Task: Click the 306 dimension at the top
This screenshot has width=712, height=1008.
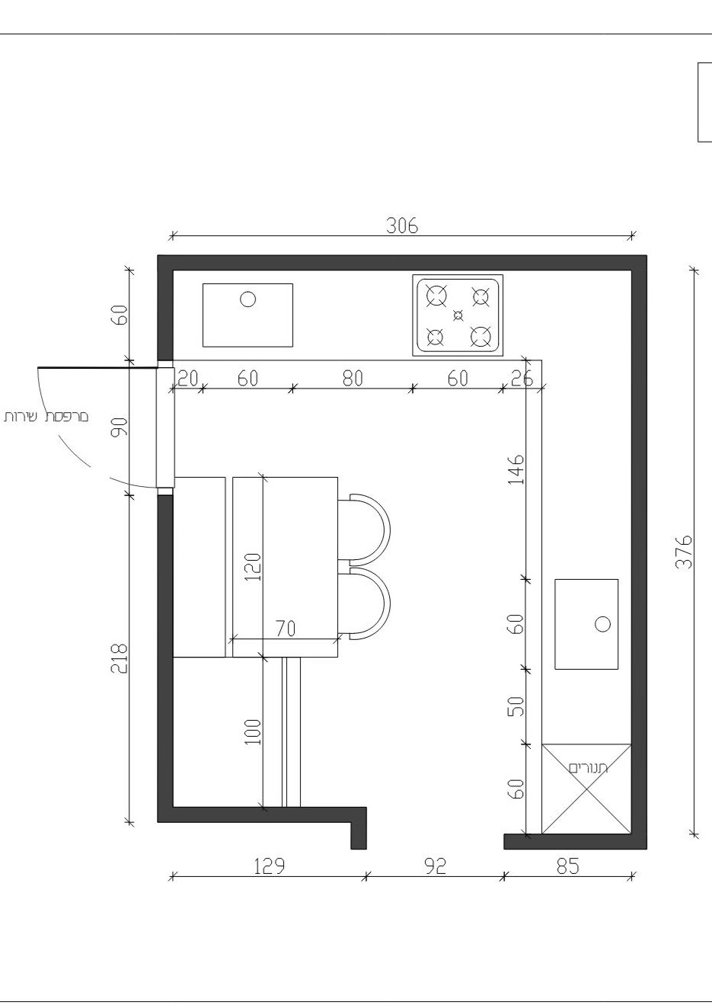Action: [x=401, y=226]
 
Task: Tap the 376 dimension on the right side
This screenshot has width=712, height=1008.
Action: [x=684, y=552]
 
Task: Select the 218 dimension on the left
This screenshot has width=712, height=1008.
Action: [x=120, y=658]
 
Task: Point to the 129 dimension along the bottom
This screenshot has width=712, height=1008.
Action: [x=270, y=866]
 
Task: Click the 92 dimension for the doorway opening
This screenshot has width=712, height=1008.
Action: [x=435, y=866]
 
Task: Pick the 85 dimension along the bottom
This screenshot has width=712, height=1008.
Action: [x=568, y=866]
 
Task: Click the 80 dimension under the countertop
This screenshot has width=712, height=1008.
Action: [x=353, y=379]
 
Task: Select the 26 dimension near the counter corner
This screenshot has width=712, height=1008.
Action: [x=522, y=379]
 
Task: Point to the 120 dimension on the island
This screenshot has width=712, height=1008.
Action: [x=254, y=567]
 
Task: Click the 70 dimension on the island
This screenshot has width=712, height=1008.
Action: [x=286, y=629]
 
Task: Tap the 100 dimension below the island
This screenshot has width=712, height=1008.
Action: [x=254, y=732]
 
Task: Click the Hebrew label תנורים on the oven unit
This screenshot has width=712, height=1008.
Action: [x=589, y=768]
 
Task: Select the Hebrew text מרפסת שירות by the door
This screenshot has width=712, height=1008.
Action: [x=46, y=416]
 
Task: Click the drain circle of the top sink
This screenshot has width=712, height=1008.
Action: [x=247, y=299]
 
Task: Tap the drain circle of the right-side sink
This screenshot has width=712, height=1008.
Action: [x=602, y=624]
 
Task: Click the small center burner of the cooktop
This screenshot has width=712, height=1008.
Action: [x=458, y=315]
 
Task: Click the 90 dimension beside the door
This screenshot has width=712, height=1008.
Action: [x=120, y=427]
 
